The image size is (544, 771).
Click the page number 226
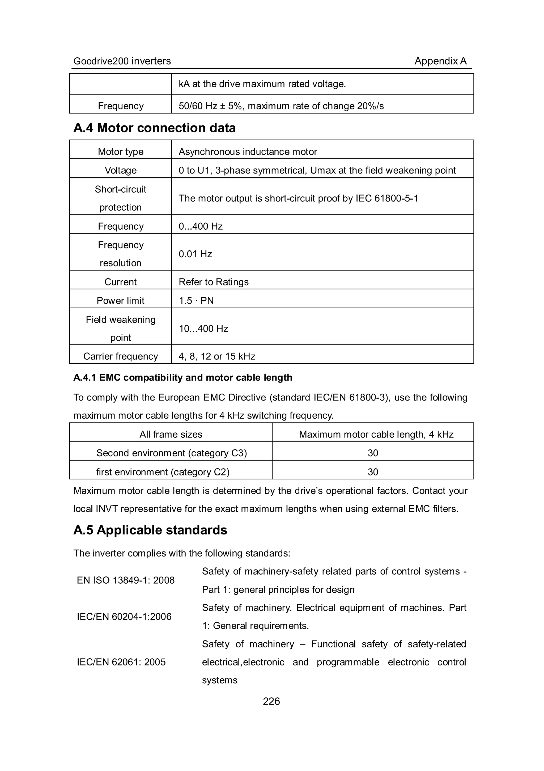[x=271, y=701]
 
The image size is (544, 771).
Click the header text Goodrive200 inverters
[x=122, y=61]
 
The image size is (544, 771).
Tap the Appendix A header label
[x=440, y=61]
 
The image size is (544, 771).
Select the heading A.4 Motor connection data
[x=154, y=128]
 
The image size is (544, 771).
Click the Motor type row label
[x=121, y=151]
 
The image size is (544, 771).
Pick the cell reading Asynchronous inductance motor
[x=248, y=151]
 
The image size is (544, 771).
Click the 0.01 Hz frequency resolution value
[x=195, y=254]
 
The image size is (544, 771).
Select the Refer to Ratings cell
[x=214, y=282]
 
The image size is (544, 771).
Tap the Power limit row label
[x=121, y=301]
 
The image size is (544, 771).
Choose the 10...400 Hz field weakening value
[x=203, y=328]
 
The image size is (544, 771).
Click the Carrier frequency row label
[x=121, y=356]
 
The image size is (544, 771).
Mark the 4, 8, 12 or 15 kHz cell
[x=217, y=356]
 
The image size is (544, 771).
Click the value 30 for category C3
[x=373, y=453]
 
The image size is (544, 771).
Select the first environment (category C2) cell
[x=163, y=472]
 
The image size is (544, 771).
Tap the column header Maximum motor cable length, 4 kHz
[x=376, y=434]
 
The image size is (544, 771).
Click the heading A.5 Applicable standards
[x=150, y=530]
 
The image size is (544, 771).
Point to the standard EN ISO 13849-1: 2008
[x=126, y=580]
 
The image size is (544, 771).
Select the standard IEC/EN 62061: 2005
[x=121, y=662]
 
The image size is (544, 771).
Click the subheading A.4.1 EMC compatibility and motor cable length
[x=183, y=377]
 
